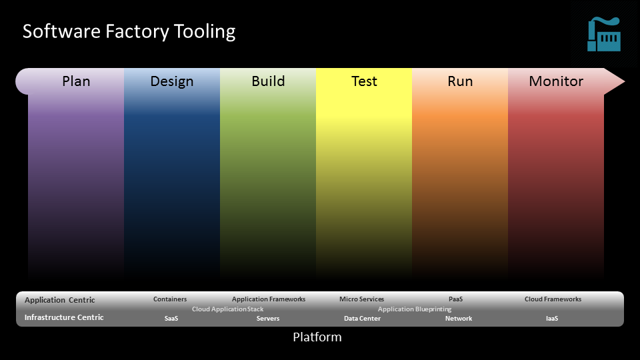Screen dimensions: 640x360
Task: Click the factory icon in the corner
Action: [x=604, y=34]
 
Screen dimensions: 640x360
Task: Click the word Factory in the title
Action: [x=137, y=32]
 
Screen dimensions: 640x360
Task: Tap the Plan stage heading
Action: [x=76, y=81]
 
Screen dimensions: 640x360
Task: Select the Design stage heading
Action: [x=172, y=81]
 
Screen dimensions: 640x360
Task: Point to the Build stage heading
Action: [x=268, y=81]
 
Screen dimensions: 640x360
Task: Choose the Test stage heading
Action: [x=364, y=81]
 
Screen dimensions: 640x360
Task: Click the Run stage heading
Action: [x=460, y=81]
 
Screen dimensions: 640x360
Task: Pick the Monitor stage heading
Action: [x=556, y=81]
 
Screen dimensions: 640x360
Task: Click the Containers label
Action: [x=170, y=299]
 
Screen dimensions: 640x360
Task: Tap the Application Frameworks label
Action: [x=269, y=299]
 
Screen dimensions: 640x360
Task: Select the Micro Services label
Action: [x=361, y=299]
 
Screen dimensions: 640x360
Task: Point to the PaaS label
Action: [x=455, y=299]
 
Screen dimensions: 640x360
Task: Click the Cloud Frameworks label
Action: [x=553, y=299]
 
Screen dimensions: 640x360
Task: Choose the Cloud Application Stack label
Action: [x=228, y=309]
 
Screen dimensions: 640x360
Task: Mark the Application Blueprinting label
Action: [x=415, y=309]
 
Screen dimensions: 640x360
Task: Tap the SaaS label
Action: [x=171, y=319]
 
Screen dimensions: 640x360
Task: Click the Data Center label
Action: [x=362, y=319]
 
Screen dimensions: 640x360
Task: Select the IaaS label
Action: [x=552, y=319]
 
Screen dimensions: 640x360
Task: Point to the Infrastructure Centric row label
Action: [x=64, y=317]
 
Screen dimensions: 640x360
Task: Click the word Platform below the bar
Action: [x=317, y=337]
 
